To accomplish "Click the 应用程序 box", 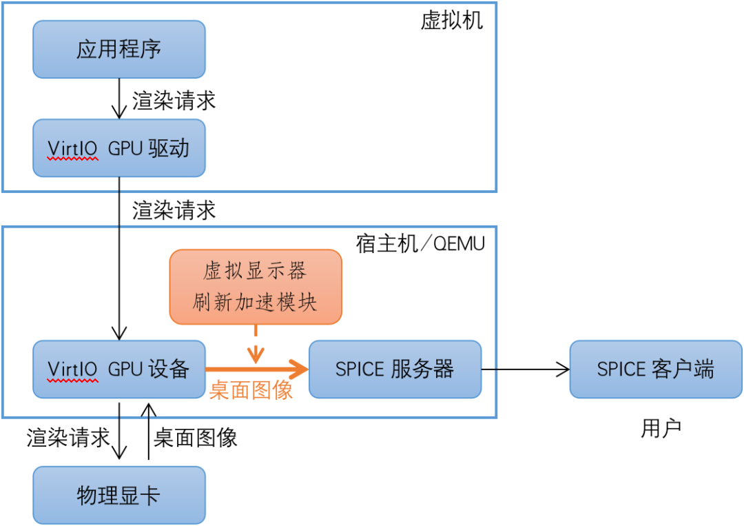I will (x=119, y=49).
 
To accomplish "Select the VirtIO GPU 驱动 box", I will (x=119, y=148).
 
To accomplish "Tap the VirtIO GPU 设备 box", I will (x=119, y=369).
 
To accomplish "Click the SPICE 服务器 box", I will (x=395, y=369).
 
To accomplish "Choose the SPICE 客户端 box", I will (x=655, y=369).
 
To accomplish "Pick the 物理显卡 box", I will (x=119, y=495).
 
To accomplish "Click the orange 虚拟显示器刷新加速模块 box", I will (x=256, y=286).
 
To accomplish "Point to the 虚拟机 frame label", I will (x=452, y=21).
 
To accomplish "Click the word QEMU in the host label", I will (x=459, y=244).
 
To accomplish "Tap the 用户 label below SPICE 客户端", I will (x=661, y=428).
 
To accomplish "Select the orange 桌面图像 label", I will (x=251, y=390).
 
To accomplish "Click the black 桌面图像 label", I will (x=196, y=437).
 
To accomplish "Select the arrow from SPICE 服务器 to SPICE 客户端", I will (x=525, y=370).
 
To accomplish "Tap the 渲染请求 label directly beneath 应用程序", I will (x=174, y=100).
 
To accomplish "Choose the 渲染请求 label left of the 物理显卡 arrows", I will (x=68, y=437).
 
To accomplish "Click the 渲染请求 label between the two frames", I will (x=174, y=210).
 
